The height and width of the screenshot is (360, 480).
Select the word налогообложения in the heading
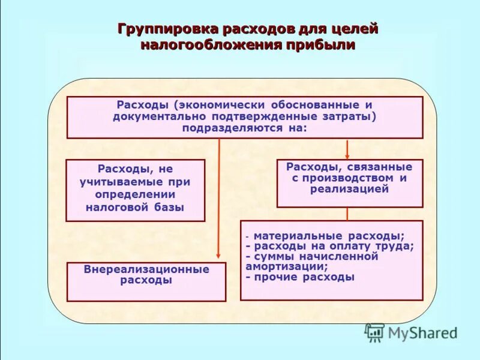[211, 45]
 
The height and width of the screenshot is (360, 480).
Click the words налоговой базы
[135, 208]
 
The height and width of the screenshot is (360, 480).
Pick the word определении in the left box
[135, 194]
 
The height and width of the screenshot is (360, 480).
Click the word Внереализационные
[146, 269]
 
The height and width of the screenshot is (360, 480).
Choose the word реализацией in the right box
[349, 189]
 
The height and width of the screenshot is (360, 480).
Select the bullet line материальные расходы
[329, 236]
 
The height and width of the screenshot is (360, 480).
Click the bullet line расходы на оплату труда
[330, 246]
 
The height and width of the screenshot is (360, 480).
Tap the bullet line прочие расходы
[300, 277]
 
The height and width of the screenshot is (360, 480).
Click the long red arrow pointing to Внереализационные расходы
[218, 198]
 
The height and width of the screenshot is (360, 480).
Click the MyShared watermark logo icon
[375, 332]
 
